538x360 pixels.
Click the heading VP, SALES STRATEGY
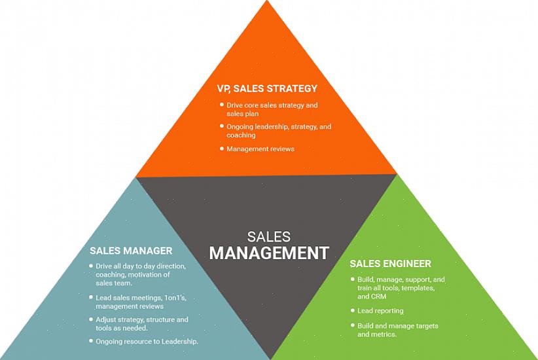coord(267,88)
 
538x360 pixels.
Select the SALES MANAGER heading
coord(131,251)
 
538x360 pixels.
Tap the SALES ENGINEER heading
coord(390,264)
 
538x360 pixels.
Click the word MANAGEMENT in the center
coord(268,253)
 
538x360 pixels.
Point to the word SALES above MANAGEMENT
coord(269,236)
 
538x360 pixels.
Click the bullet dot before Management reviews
coord(221,149)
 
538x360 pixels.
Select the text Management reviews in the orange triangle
coord(260,149)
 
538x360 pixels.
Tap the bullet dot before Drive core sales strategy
coord(221,105)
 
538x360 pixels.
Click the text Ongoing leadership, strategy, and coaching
coord(279,131)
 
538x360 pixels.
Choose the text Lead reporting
coord(380,311)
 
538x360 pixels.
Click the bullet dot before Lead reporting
coord(352,311)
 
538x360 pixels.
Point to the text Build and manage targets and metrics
coord(397,330)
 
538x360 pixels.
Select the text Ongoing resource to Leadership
coord(147,342)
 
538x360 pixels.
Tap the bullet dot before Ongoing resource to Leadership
coord(90,341)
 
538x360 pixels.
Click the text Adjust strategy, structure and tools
coord(141,324)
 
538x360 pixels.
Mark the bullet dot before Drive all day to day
coord(90,266)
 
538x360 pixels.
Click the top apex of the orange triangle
coord(267,3)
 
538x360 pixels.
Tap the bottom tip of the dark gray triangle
coord(270,357)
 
